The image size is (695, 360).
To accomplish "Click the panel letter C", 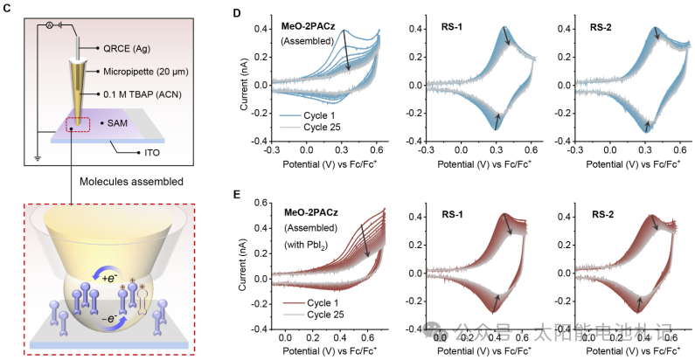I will pos(7,10).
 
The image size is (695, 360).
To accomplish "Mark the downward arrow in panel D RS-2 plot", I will pos(655,35).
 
